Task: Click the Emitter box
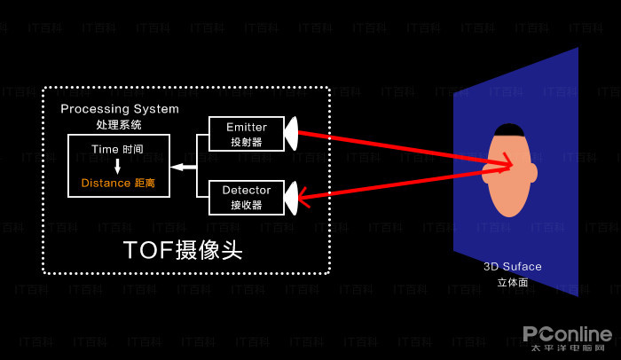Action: (x=246, y=134)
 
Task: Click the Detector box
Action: (x=246, y=197)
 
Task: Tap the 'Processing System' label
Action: (x=120, y=109)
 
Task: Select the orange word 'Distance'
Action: (x=106, y=183)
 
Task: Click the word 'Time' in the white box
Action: (x=105, y=149)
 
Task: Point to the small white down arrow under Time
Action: (x=117, y=166)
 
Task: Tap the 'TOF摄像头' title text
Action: (x=183, y=250)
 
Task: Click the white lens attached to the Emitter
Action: (x=290, y=134)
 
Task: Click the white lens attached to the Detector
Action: (x=290, y=197)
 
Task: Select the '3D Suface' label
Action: (x=512, y=266)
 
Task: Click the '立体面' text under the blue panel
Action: (x=512, y=282)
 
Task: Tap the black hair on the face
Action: (x=508, y=129)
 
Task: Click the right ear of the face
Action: (x=532, y=172)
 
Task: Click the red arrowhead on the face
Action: (x=507, y=164)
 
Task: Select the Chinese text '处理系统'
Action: (x=119, y=125)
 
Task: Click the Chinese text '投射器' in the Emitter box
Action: (x=246, y=142)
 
